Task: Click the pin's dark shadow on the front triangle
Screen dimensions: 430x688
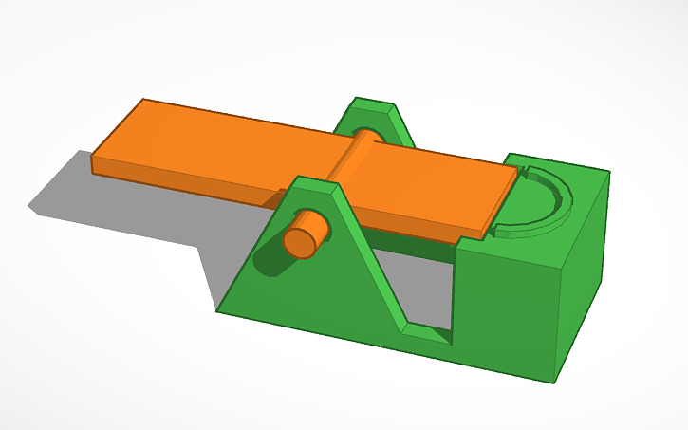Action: [x=270, y=256]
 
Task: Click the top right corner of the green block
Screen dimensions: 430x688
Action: [x=608, y=173]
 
